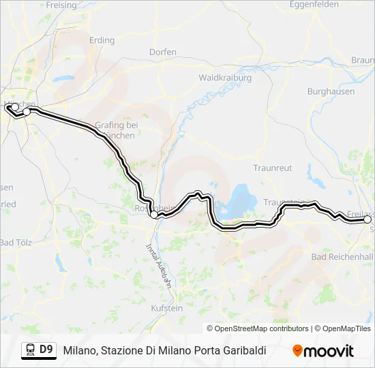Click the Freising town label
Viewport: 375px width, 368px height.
coord(62,5)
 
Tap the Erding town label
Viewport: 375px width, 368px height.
coord(102,40)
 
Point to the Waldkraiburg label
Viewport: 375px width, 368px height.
coord(225,78)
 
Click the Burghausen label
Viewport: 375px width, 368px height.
coord(330,91)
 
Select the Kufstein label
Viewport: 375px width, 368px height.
coord(166,308)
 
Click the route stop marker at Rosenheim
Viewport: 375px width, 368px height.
coord(154,215)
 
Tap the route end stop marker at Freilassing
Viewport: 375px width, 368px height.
coord(368,219)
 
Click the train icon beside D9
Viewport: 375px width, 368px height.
coord(30,350)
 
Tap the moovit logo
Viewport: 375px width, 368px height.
coord(323,350)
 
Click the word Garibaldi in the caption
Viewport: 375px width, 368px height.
coord(243,350)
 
